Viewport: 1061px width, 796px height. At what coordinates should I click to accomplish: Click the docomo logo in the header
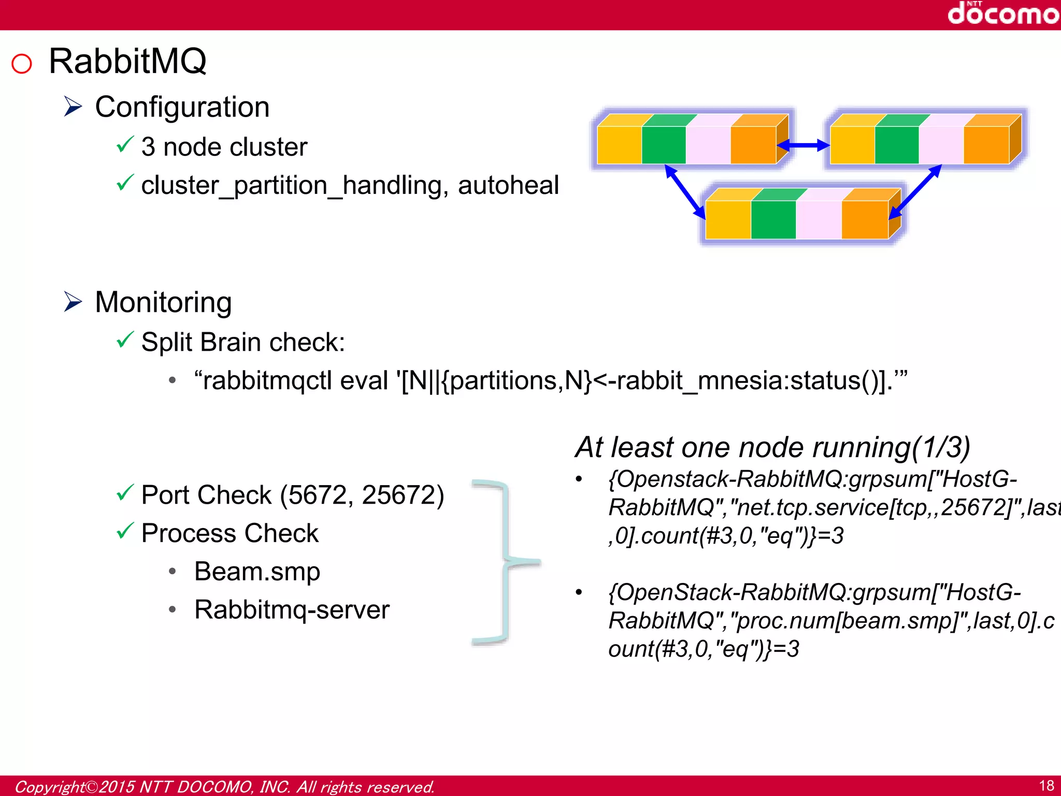coord(1002,14)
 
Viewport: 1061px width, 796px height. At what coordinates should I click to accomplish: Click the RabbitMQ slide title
coord(127,61)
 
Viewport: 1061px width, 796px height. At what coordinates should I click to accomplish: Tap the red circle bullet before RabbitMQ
coord(22,64)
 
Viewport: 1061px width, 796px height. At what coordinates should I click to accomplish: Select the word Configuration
coord(182,107)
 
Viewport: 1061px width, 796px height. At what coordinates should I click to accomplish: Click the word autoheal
coord(508,186)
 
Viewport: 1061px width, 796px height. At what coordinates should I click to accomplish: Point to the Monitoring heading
coord(163,302)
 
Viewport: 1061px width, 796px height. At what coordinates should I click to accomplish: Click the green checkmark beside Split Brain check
coord(125,340)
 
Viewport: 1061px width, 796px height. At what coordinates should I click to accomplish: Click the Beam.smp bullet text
coord(257,572)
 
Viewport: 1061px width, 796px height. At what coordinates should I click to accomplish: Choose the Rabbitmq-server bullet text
coord(292,609)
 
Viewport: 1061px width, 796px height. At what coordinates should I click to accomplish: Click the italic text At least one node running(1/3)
coord(772,447)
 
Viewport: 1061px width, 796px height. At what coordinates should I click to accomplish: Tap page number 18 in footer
coord(1046,786)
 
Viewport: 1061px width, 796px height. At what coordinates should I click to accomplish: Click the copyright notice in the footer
coord(224,787)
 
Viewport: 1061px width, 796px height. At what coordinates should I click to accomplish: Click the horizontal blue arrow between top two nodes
coord(803,146)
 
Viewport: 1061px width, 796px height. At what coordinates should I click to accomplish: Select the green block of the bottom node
coord(773,219)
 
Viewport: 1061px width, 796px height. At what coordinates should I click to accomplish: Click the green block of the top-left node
coord(664,145)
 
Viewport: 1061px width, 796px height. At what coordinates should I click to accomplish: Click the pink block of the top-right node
coord(941,145)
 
